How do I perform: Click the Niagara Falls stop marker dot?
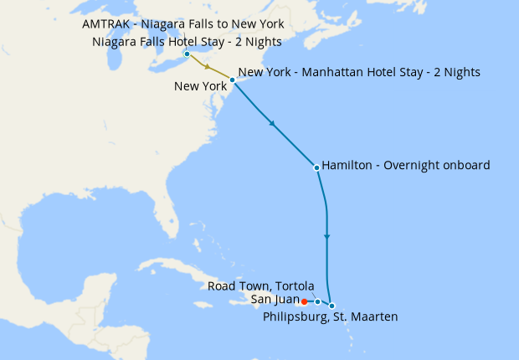(x=187, y=54)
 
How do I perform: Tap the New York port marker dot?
(x=232, y=80)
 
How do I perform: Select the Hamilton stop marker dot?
(x=316, y=167)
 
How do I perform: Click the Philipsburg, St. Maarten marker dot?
(x=332, y=306)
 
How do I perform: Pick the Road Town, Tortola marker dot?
(x=318, y=301)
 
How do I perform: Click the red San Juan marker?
(x=304, y=301)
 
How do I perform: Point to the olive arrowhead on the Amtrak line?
(x=206, y=66)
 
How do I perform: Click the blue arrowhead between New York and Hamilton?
(x=272, y=124)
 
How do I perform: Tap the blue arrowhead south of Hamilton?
(x=326, y=237)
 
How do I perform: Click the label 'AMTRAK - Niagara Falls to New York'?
(x=182, y=23)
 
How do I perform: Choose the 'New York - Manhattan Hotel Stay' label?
(x=358, y=73)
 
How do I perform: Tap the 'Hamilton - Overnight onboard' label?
(x=405, y=166)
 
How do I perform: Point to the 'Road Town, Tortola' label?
(x=260, y=285)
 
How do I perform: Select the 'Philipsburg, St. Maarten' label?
(x=330, y=317)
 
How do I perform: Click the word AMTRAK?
(x=106, y=23)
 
